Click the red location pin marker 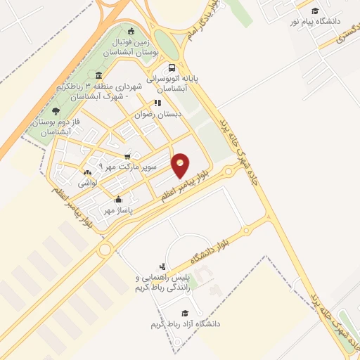[x=181, y=165]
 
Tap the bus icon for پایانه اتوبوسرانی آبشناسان [x=172, y=68]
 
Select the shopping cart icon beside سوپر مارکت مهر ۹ [x=127, y=156]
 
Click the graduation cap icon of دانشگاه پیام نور [x=315, y=11]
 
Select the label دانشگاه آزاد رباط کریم [x=185, y=324]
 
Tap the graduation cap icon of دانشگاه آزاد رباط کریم [x=185, y=313]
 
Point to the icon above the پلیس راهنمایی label [x=163, y=266]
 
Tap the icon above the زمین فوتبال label [x=131, y=31]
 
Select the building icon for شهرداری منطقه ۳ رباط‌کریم [x=98, y=75]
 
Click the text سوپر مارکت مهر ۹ [x=99, y=166]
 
